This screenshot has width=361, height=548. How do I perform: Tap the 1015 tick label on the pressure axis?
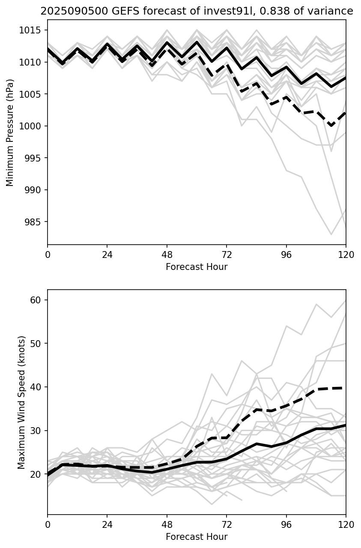32,30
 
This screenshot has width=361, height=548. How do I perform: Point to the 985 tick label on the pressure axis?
34,222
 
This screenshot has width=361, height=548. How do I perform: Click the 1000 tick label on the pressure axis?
32,126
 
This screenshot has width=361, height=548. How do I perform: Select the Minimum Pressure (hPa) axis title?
10,132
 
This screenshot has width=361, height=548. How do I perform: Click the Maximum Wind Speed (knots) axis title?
21,402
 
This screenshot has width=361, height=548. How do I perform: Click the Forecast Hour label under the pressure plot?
197,267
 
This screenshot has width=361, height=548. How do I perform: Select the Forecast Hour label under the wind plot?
197,537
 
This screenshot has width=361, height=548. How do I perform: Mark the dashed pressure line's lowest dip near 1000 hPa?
331,126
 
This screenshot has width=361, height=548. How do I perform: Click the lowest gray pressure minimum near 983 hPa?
331,234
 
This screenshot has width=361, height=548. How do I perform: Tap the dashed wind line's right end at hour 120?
345,388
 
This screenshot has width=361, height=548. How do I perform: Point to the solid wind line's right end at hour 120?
345,425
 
